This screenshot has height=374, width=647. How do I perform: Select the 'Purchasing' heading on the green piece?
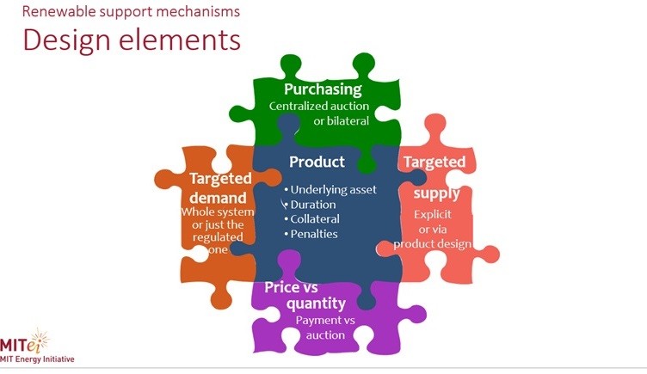tap(323, 89)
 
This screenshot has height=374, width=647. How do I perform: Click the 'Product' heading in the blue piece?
tap(317, 162)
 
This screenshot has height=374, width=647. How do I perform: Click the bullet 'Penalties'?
tap(314, 234)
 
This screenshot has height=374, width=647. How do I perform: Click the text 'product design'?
tap(433, 243)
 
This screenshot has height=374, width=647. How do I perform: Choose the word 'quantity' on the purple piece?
tap(305, 303)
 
